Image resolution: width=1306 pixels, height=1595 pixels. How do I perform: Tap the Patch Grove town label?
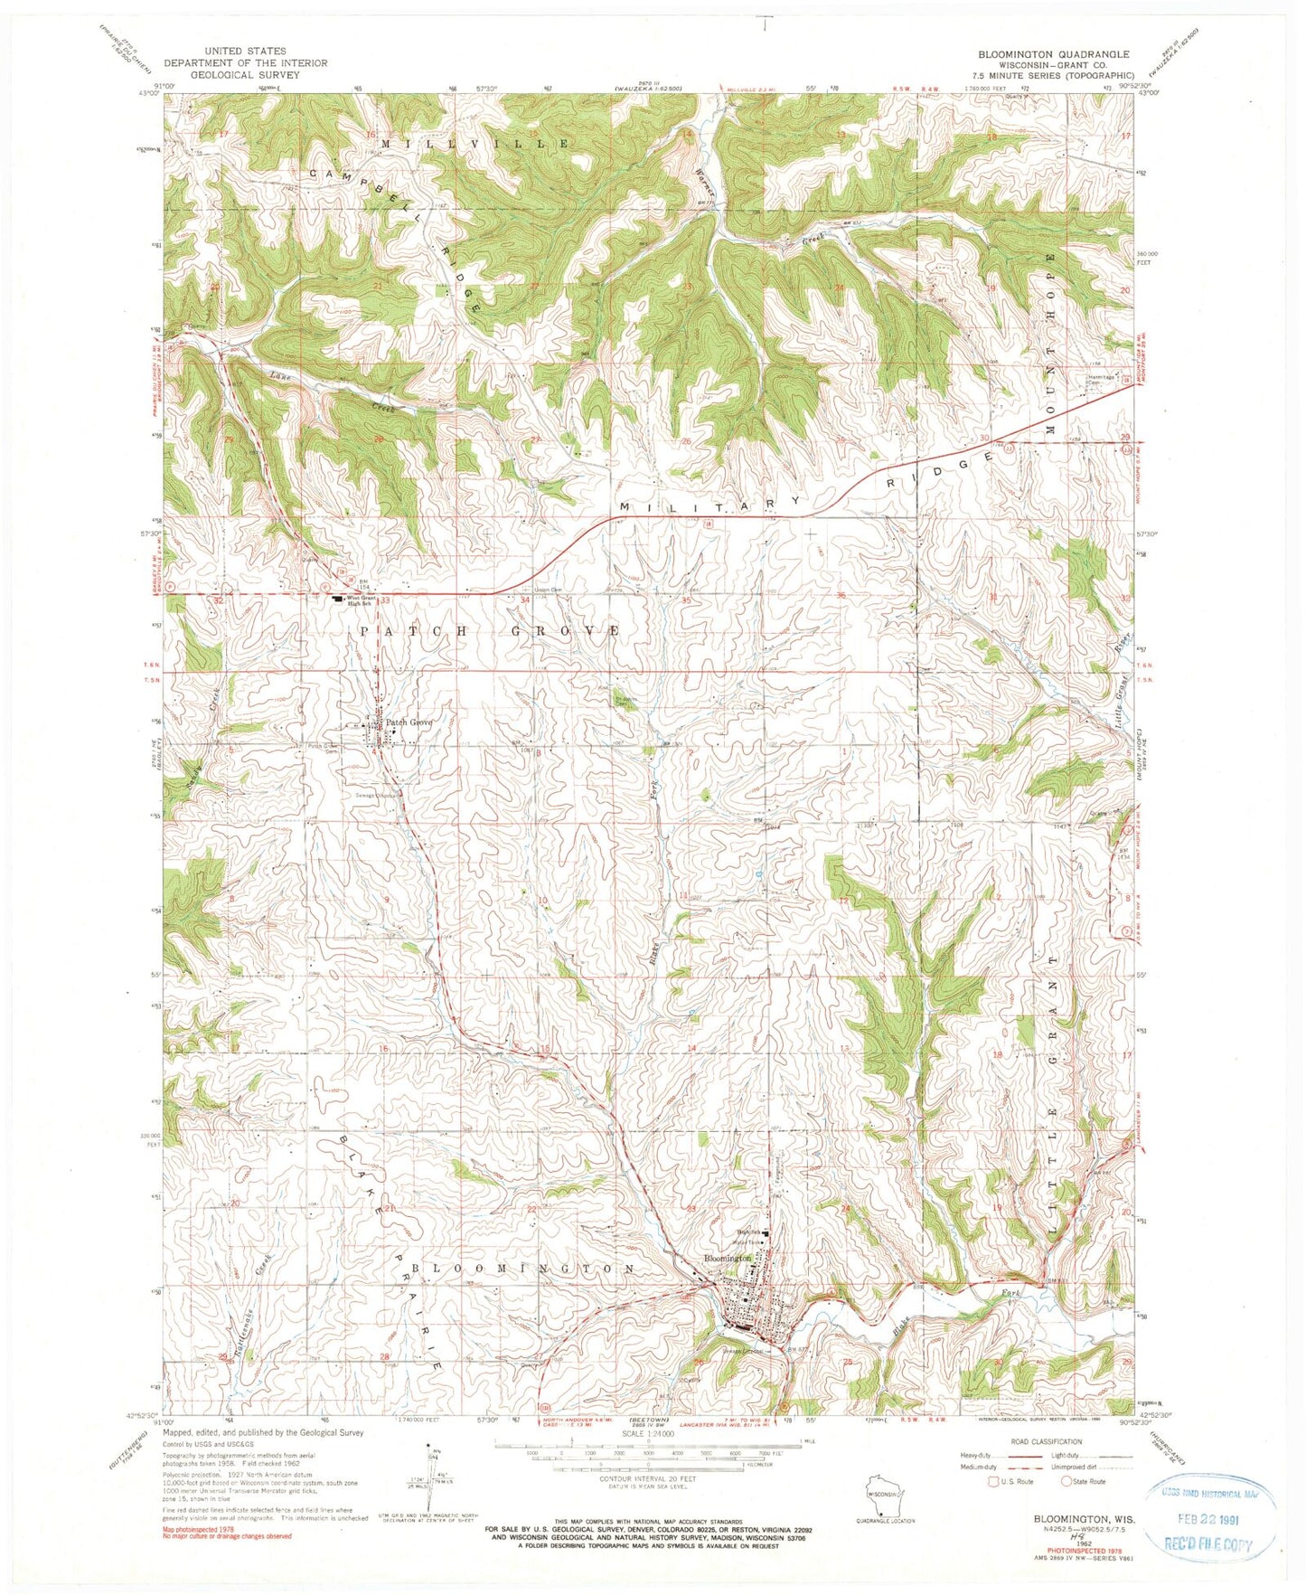[x=410, y=722]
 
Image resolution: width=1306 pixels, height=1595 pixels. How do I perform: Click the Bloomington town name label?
[x=728, y=1258]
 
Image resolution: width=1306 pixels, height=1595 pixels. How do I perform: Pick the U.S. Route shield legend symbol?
[x=997, y=1481]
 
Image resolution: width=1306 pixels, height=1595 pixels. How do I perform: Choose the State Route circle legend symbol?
[x=1066, y=1481]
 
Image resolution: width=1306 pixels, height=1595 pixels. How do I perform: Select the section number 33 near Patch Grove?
[x=386, y=599]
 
